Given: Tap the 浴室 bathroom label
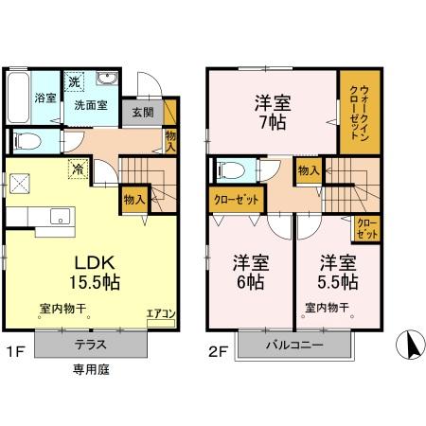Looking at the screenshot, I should click(44, 98).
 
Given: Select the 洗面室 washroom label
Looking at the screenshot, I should click(92, 105).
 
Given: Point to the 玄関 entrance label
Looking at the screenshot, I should click(142, 113).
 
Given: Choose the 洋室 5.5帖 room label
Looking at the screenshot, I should click(338, 272).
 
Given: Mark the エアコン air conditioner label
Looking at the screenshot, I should click(159, 313).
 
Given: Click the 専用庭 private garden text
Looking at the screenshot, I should click(93, 369).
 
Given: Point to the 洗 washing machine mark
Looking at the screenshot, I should click(73, 82).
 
